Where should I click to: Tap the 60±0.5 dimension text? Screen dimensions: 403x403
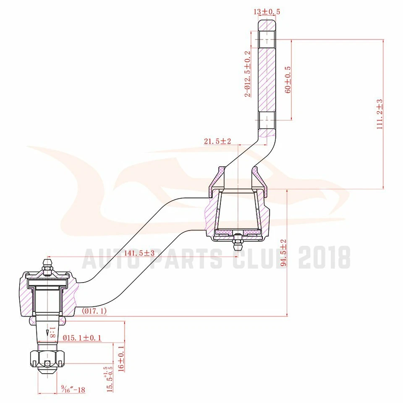pyautogui.click(x=288, y=79)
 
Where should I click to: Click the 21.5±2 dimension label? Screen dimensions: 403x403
pyautogui.click(x=217, y=141)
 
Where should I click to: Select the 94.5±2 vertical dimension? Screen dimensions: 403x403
pyautogui.click(x=284, y=253)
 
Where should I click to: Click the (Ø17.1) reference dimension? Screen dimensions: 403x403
pyautogui.click(x=94, y=311)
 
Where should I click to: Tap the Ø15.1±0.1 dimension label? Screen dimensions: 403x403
pyautogui.click(x=82, y=338)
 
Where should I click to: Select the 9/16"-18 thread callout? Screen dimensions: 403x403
pyautogui.click(x=73, y=390)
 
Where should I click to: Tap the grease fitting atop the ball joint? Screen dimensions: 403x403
pyautogui.click(x=47, y=267)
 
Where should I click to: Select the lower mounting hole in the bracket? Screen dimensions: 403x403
pyautogui.click(x=266, y=120)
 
